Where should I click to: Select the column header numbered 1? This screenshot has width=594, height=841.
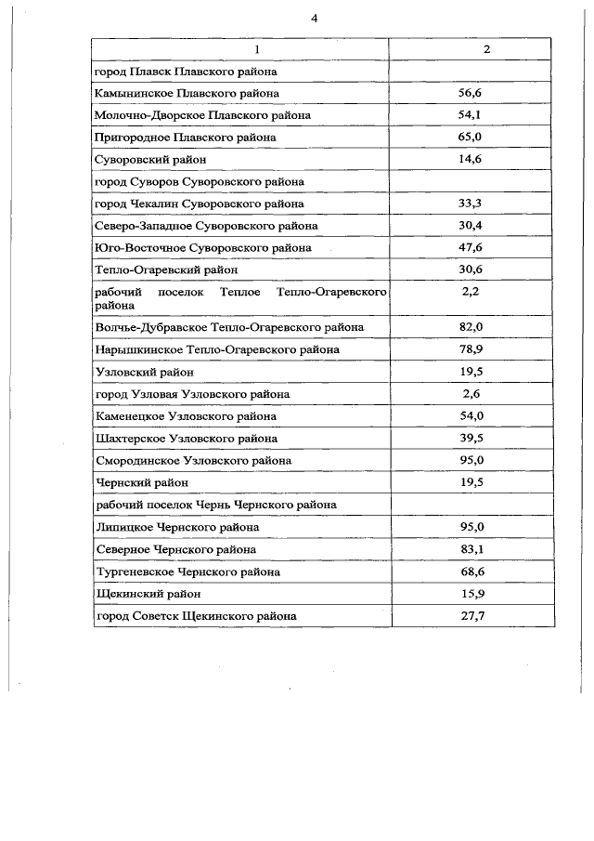tap(242, 49)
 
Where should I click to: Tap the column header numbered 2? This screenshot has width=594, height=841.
tap(487, 49)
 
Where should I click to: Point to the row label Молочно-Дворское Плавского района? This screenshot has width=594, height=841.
tap(202, 115)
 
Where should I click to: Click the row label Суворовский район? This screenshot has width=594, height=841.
tap(139, 160)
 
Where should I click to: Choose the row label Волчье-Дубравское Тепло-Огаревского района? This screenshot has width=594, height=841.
tap(229, 327)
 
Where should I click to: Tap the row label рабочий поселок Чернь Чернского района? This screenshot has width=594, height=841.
tap(215, 505)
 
